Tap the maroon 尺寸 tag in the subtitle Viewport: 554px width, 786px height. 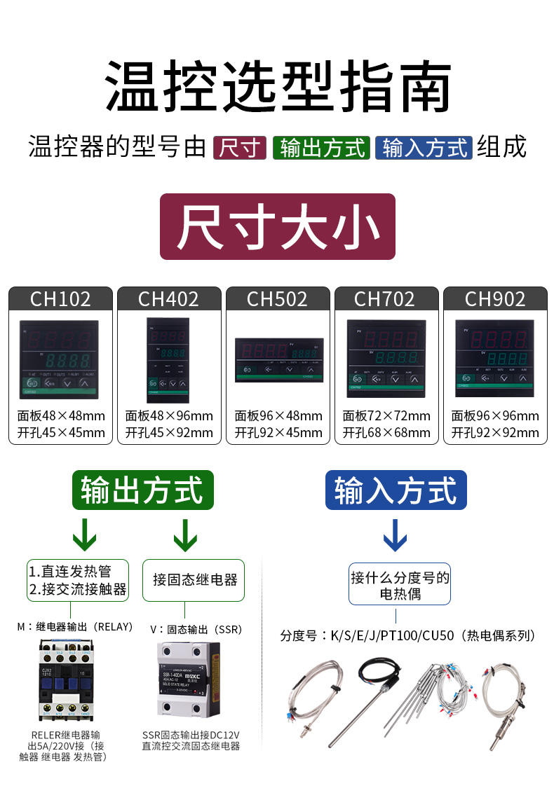coord(240,148)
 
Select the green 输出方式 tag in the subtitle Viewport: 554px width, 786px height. coord(322,148)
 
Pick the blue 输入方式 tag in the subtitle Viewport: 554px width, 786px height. coord(424,148)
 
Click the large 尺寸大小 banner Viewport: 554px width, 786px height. coord(278,227)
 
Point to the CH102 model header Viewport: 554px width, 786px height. coord(60,299)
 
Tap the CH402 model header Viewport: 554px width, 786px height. coord(168,299)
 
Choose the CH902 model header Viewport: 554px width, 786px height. coord(495,299)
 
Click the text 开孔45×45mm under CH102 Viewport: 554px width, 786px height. coord(61,432)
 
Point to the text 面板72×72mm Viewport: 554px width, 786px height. coord(386,416)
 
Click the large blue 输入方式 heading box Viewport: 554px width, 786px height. coord(396,490)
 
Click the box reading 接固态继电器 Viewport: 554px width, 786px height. coord(194,580)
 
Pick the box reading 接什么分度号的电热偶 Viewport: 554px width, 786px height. coord(400,586)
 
